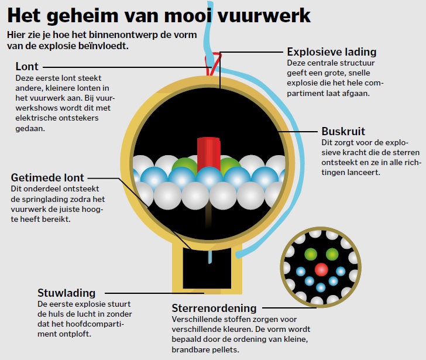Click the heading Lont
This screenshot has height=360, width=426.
[27, 67]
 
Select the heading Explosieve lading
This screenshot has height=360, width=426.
[332, 52]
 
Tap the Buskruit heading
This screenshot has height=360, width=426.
[343, 132]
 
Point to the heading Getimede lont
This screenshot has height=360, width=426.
[47, 178]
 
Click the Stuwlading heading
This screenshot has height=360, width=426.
[67, 293]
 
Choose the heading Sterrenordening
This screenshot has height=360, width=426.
[214, 308]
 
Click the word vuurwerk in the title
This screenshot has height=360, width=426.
[264, 16]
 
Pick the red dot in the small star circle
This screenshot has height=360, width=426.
[321, 269]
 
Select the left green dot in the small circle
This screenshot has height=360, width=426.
[311, 254]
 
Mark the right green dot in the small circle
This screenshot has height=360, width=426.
[332, 254]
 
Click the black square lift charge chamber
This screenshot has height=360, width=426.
[207, 268]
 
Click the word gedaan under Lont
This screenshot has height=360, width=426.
[30, 129]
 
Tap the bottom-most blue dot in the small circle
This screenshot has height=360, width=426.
[321, 287]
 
